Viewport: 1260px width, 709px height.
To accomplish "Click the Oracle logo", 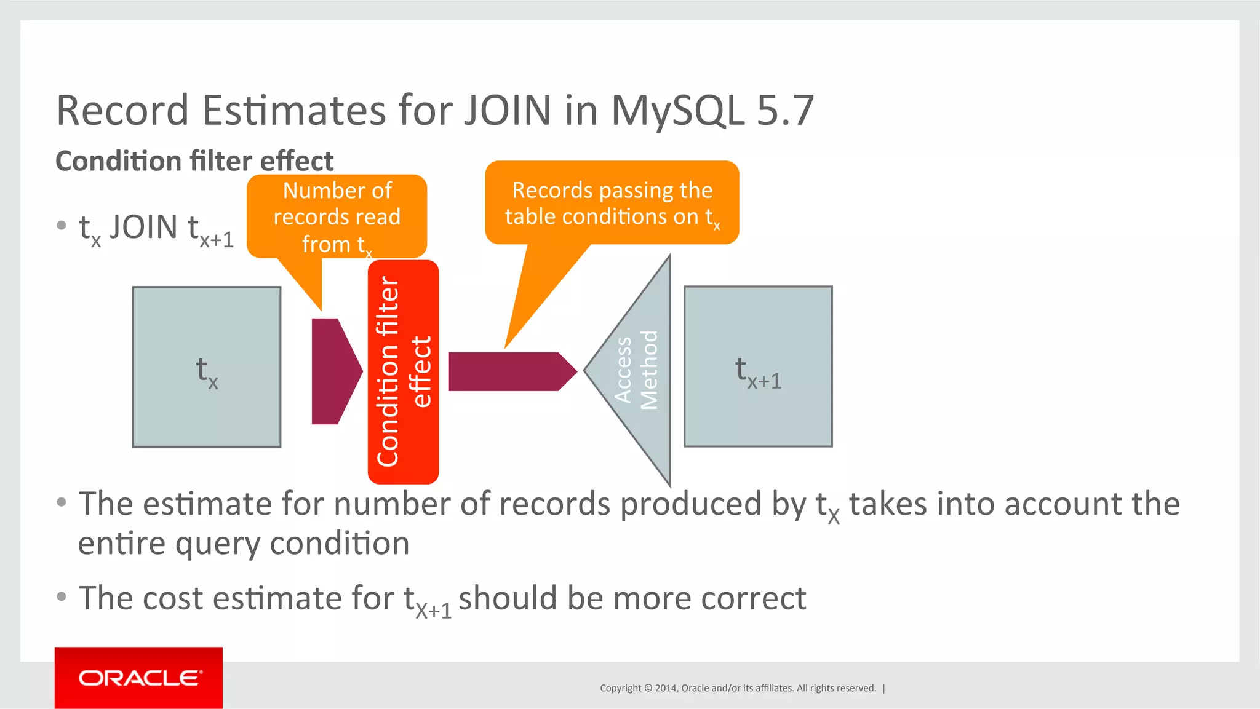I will click(139, 678).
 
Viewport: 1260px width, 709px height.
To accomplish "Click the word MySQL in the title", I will click(677, 111).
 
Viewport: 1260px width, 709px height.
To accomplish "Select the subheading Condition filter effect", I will click(194, 161).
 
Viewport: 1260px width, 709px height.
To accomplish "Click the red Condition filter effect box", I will click(403, 371).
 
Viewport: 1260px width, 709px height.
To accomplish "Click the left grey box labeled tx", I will click(207, 367).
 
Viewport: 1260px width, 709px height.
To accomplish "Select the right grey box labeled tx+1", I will click(758, 366).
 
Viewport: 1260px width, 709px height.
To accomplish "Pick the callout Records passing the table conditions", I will click(612, 203).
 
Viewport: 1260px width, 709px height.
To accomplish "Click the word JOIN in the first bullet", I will click(143, 228).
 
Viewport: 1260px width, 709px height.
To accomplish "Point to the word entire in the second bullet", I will click(121, 544).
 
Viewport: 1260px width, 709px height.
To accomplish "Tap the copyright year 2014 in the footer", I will click(666, 688).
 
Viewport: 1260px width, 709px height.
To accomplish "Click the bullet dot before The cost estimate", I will click(61, 596).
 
